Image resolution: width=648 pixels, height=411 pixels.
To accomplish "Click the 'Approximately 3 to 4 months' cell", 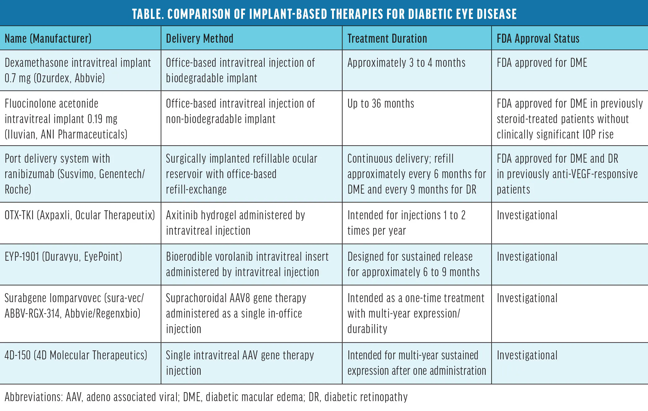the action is (406, 63).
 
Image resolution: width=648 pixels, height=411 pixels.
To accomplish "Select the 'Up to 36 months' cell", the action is (381, 104).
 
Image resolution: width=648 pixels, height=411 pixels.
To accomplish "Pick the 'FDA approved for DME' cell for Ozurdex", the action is (542, 63).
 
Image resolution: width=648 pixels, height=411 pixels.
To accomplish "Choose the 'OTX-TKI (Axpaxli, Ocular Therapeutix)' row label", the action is (80, 215).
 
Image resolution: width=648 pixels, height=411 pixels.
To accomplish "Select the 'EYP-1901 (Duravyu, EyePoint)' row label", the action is (63, 257).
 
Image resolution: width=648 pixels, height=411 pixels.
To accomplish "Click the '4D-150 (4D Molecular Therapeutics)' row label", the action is (76, 355).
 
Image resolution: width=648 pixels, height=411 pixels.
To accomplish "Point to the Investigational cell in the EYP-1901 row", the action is (527, 257).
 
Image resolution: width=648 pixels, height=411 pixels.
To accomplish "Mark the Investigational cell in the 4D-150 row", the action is (527, 355).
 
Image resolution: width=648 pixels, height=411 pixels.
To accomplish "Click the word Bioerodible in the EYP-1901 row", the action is (189, 257).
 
